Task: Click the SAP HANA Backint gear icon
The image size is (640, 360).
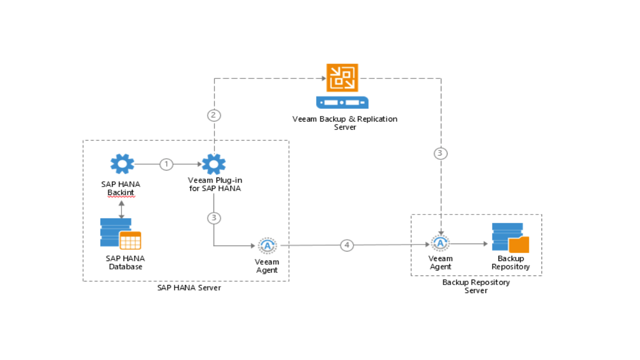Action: (x=122, y=164)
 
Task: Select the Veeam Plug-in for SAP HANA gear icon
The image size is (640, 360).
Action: (x=214, y=164)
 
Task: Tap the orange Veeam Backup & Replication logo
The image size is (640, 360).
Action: (x=342, y=77)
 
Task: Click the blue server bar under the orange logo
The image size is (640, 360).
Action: (x=342, y=102)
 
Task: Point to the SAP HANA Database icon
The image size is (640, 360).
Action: (x=120, y=233)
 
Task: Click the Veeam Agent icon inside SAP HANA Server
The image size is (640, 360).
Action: (x=267, y=245)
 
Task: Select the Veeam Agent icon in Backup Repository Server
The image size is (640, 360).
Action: (x=440, y=243)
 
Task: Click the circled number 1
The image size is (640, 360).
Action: (x=166, y=164)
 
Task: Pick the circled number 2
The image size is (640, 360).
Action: (x=214, y=115)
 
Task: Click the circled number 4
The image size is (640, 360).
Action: (x=347, y=245)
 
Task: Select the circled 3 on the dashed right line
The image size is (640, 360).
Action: (x=440, y=153)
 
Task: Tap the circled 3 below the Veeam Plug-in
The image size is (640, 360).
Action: (x=214, y=218)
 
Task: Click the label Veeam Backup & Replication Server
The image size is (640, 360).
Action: (x=345, y=123)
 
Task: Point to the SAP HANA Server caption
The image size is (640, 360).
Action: (x=189, y=287)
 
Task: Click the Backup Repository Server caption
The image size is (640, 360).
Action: (x=476, y=286)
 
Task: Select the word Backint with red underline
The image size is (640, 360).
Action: (x=121, y=192)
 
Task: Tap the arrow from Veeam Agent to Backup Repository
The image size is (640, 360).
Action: (x=469, y=244)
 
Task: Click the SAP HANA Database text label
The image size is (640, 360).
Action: (x=125, y=262)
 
